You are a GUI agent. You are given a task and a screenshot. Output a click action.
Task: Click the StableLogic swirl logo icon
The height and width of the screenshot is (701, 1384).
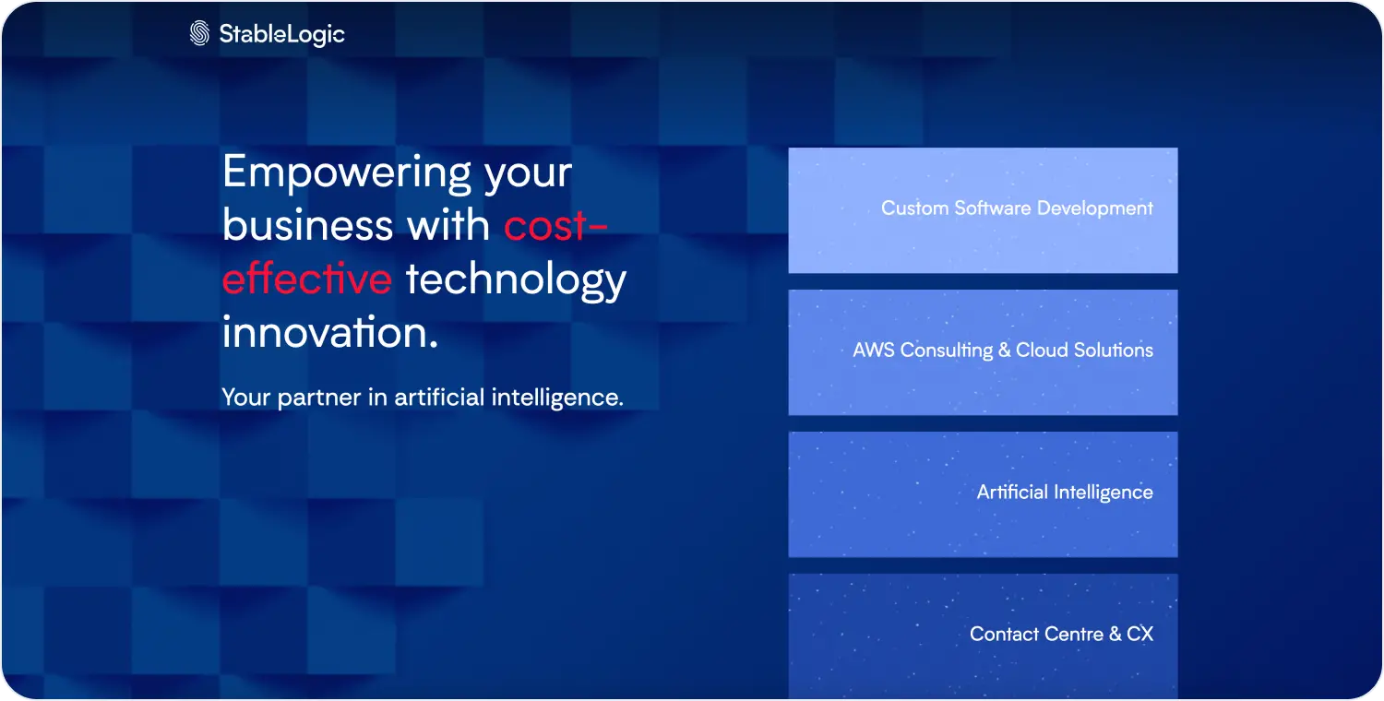pyautogui.click(x=199, y=33)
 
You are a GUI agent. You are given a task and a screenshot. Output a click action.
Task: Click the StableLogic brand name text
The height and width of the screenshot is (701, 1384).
pyautogui.click(x=282, y=34)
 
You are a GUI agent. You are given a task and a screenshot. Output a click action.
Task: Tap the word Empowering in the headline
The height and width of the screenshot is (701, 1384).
pyautogui.click(x=347, y=172)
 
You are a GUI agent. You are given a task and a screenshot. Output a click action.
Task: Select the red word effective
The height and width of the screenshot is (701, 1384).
pyautogui.click(x=307, y=279)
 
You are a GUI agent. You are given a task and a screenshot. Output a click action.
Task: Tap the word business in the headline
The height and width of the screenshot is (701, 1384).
pyautogui.click(x=307, y=225)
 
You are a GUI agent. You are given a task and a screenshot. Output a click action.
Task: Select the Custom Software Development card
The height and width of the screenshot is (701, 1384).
pyautogui.click(x=983, y=210)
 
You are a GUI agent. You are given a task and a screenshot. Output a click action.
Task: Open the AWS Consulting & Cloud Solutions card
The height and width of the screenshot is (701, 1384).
pyautogui.click(x=983, y=352)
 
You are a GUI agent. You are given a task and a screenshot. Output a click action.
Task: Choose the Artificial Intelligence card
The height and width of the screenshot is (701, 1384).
pyautogui.click(x=983, y=494)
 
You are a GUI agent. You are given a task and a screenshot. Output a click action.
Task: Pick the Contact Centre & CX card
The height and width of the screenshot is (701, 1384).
pyautogui.click(x=983, y=636)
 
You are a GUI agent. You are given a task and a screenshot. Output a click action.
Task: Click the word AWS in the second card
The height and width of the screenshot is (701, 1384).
pyautogui.click(x=874, y=350)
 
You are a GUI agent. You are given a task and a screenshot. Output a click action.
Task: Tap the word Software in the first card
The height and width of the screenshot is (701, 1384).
pyautogui.click(x=993, y=208)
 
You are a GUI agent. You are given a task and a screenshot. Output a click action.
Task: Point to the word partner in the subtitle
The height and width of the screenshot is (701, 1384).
pyautogui.click(x=319, y=398)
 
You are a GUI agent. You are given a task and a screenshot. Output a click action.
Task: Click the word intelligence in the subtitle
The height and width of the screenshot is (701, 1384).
pyautogui.click(x=557, y=398)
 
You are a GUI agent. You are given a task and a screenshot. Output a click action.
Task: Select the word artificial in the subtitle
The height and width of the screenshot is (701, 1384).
pyautogui.click(x=439, y=397)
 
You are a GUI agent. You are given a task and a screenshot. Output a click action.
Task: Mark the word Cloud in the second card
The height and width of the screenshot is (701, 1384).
pyautogui.click(x=1042, y=350)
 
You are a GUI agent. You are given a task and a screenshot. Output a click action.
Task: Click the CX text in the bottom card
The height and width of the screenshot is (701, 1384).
pyautogui.click(x=1139, y=634)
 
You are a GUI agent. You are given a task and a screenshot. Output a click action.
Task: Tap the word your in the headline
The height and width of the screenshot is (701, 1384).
pyautogui.click(x=529, y=175)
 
